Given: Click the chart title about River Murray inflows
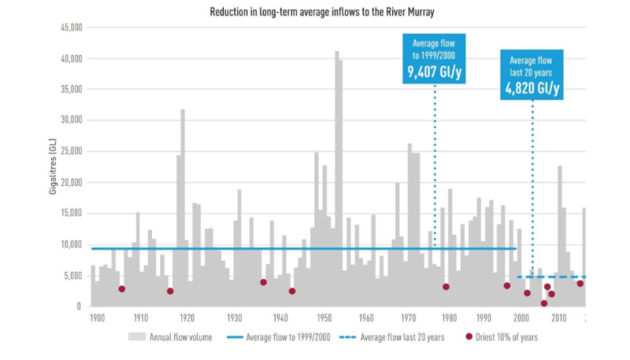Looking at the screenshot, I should (315, 13).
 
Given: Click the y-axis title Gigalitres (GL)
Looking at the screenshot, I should (52, 167).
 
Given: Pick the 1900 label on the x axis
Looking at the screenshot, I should (96, 319).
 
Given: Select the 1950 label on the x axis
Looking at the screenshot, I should (323, 319).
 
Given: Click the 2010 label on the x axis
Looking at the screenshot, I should (558, 319).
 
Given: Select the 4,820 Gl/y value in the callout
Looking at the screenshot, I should (532, 89).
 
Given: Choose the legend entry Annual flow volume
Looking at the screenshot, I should (171, 337).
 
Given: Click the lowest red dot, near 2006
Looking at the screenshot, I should (543, 303).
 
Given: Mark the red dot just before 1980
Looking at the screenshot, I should (446, 287).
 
